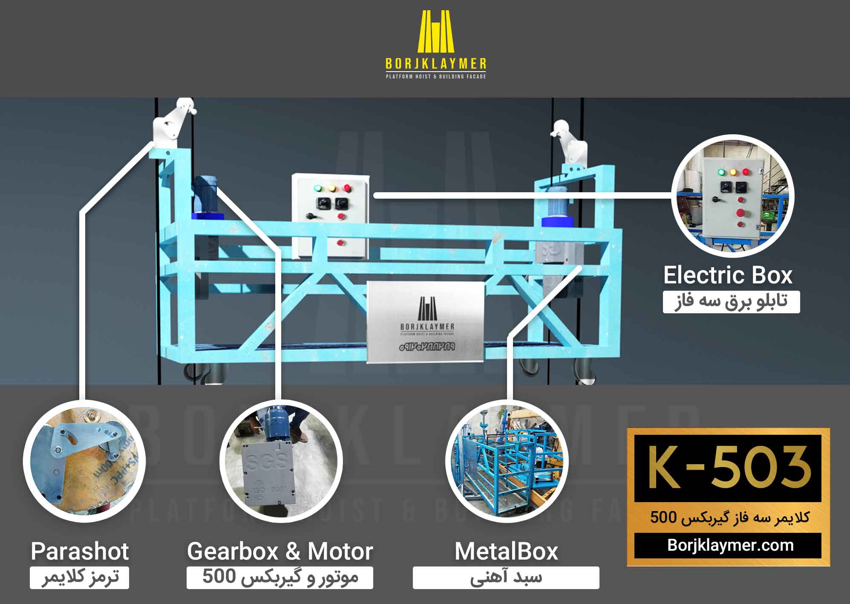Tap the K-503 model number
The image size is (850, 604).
727,468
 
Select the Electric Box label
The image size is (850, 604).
728,275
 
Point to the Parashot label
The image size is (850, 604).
80,551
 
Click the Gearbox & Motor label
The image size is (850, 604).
280,551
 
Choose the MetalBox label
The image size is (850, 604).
506,551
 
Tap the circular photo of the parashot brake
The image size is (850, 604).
84,460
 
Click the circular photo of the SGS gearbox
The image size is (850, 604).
281,460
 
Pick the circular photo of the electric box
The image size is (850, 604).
732,196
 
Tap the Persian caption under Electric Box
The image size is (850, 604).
731,302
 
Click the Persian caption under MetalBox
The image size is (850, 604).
506,578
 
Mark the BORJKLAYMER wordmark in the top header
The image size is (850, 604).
435,64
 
